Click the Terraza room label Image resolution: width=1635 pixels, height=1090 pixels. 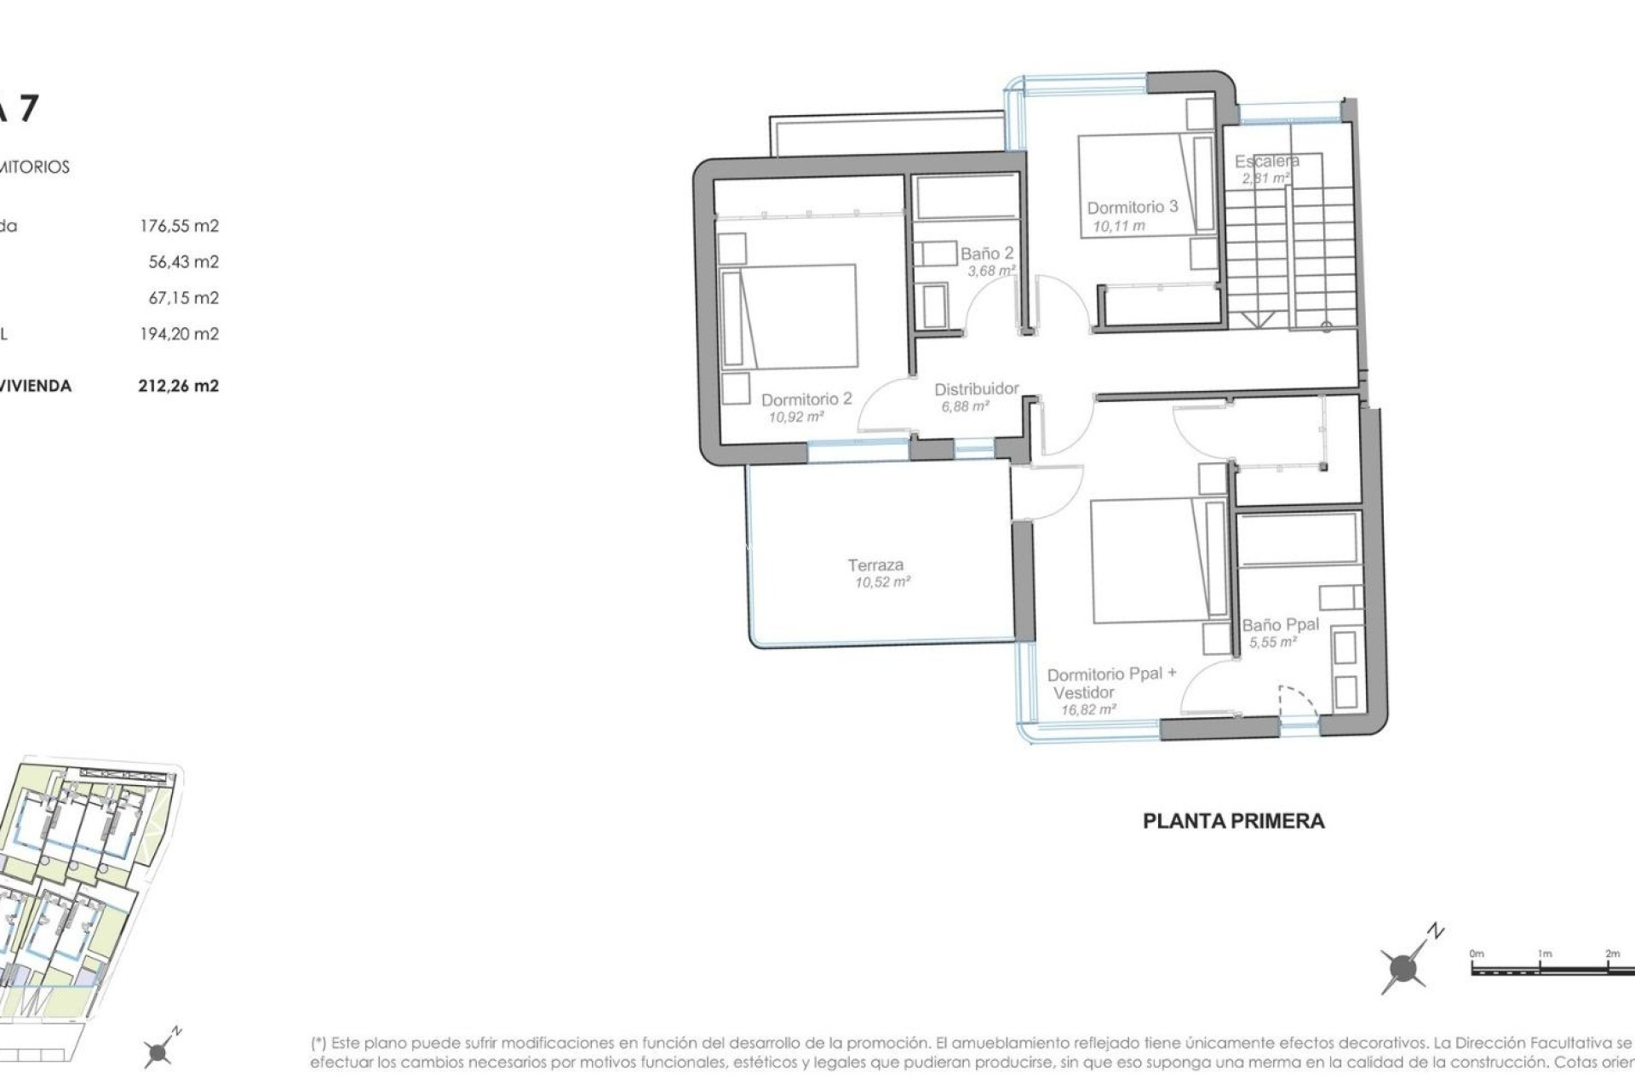[x=875, y=565]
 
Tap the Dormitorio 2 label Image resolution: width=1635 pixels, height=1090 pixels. [x=806, y=399]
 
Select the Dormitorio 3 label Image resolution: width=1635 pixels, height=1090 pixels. [x=1132, y=207]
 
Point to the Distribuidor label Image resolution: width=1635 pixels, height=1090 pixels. [x=976, y=389]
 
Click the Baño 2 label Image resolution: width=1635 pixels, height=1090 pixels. [x=987, y=254]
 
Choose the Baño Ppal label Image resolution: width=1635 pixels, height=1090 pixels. [x=1280, y=625]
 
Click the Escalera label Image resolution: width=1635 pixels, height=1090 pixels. [x=1266, y=161]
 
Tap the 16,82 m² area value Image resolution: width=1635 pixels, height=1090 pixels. [x=1087, y=709]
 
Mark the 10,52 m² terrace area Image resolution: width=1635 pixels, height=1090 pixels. [x=882, y=582]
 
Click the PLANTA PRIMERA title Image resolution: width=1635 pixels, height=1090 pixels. [x=1233, y=821]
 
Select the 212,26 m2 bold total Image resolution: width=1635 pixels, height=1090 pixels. [x=178, y=386]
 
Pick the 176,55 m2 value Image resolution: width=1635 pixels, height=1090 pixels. [x=179, y=226]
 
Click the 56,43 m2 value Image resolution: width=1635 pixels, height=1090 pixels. [x=183, y=261]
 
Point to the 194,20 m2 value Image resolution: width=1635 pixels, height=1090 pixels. [x=179, y=334]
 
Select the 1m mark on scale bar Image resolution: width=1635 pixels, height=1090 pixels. [x=1545, y=955]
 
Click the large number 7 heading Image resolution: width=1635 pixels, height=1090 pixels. [x=27, y=109]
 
